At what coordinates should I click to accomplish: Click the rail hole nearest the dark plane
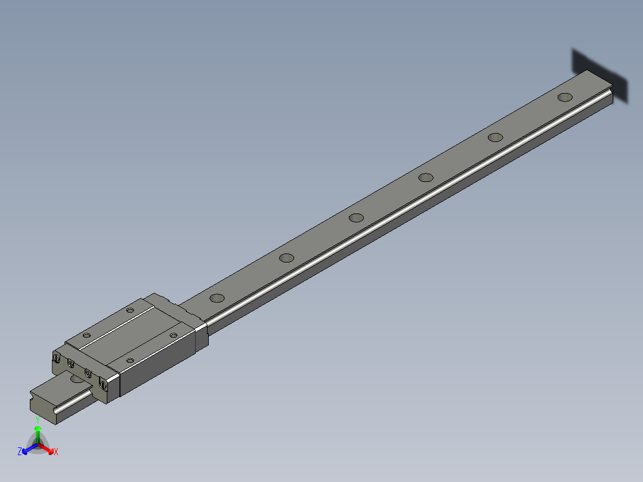[x=564, y=97]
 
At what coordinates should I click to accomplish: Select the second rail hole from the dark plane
[x=494, y=137]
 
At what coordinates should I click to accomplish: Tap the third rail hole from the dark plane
[x=425, y=177]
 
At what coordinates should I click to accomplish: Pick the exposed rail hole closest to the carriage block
[x=217, y=297]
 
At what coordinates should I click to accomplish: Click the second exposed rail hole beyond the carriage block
[x=287, y=258]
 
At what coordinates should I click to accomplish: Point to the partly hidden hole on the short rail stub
[x=77, y=379]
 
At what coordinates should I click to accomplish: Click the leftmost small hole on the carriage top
[x=86, y=335]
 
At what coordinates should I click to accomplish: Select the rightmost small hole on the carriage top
[x=174, y=335]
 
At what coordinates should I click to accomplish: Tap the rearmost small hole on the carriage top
[x=131, y=310]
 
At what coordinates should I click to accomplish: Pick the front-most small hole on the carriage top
[x=131, y=360]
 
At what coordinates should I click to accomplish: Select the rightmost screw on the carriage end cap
[x=103, y=385]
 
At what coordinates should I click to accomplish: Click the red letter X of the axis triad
[x=56, y=452]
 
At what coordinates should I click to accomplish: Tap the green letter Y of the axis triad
[x=38, y=419]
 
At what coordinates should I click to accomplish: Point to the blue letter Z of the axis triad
[x=20, y=452]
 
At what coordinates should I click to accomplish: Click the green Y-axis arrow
[x=38, y=432]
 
